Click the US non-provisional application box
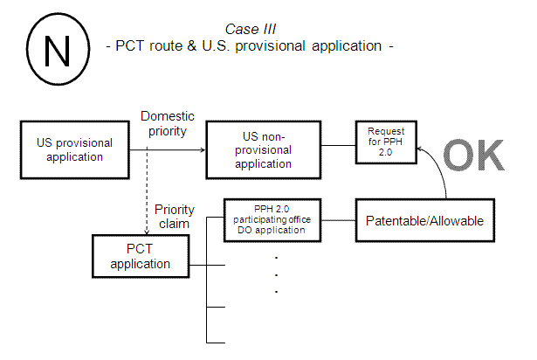262,150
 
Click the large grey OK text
472,156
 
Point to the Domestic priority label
167,124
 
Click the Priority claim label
174,217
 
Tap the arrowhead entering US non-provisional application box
202,150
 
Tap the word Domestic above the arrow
167,116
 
